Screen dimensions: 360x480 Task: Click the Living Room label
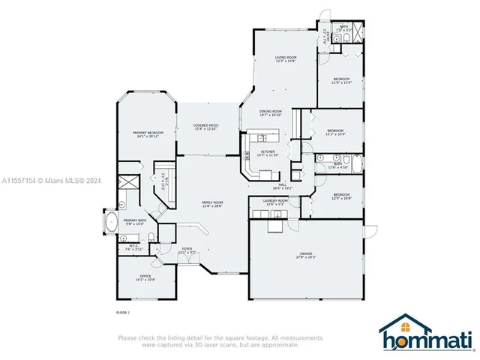(285, 58)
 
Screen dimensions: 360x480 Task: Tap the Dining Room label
(270, 112)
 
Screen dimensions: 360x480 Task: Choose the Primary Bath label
(136, 221)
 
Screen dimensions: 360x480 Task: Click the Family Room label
(213, 203)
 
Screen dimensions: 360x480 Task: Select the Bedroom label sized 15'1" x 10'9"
(335, 132)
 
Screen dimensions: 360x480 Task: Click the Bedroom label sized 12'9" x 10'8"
(341, 196)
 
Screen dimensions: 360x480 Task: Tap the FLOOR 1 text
(123, 311)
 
